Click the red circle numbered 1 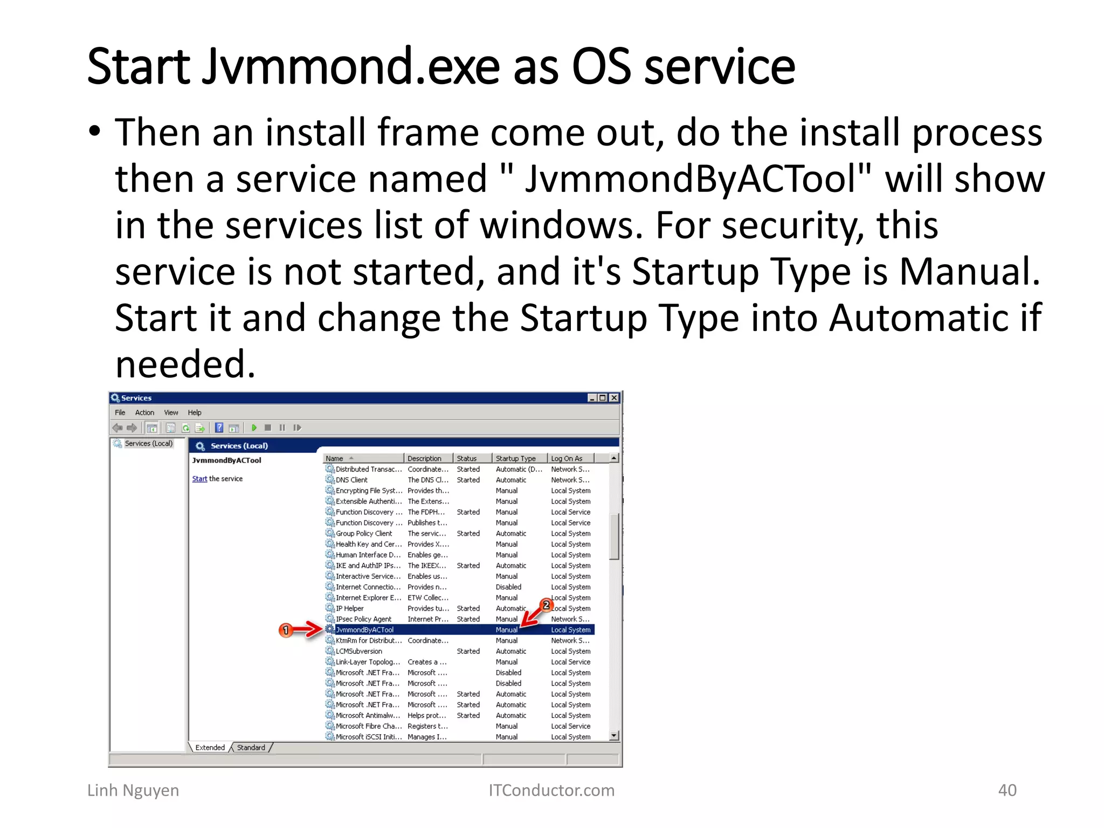click(x=286, y=630)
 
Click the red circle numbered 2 click(x=546, y=605)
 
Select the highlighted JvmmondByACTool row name click(x=364, y=630)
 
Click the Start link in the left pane click(x=199, y=479)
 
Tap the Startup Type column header click(x=515, y=458)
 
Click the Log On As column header click(x=566, y=458)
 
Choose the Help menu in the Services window click(x=194, y=412)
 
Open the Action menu click(x=144, y=412)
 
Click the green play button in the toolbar click(x=254, y=427)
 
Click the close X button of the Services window click(x=613, y=398)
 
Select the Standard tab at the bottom click(x=251, y=748)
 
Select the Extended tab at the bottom click(x=210, y=748)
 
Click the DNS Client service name click(x=351, y=480)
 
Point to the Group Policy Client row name click(x=364, y=533)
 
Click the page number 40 click(x=1007, y=790)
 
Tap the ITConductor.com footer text click(x=551, y=790)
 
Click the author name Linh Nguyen click(x=133, y=790)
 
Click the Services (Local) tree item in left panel click(x=148, y=443)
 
